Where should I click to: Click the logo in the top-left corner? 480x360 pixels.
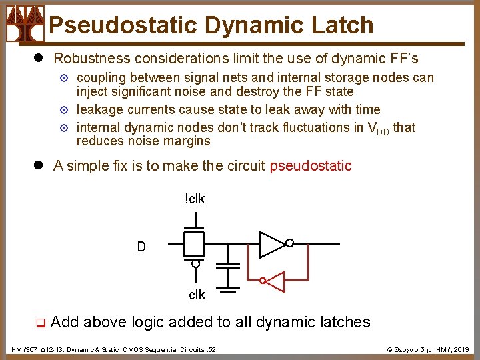click(x=25, y=23)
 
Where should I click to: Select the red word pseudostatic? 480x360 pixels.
click(x=310, y=166)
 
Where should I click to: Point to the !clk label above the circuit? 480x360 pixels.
click(x=195, y=198)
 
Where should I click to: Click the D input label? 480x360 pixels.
click(x=141, y=247)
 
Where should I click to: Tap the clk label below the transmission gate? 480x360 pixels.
click(x=197, y=294)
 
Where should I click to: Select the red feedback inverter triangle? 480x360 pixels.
click(x=275, y=281)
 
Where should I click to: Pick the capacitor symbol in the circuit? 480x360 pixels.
click(x=229, y=266)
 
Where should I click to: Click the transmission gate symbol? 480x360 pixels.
click(x=195, y=245)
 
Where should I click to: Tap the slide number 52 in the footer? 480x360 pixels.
click(x=211, y=349)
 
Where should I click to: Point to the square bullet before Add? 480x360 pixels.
click(x=40, y=323)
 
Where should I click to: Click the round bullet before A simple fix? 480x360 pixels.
click(x=39, y=166)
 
